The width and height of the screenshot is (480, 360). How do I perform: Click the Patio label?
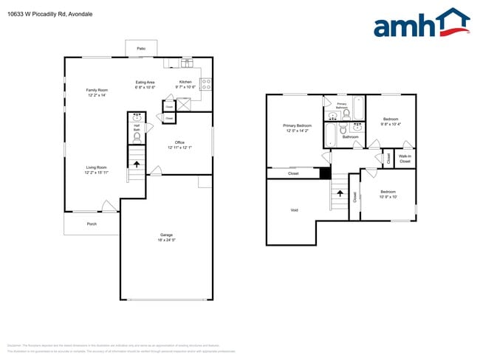[x=141, y=49]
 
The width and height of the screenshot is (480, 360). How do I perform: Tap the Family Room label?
[x=97, y=90]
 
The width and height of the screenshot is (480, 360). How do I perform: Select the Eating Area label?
[x=145, y=82]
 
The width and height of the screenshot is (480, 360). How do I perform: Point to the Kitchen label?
[x=185, y=82]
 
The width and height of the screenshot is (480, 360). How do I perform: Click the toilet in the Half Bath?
[x=137, y=136]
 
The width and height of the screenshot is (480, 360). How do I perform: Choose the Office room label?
[x=179, y=142]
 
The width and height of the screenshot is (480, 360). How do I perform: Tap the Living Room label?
[x=96, y=167]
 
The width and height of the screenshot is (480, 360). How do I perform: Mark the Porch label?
[x=92, y=224]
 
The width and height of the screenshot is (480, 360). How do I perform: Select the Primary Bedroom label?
[x=298, y=125]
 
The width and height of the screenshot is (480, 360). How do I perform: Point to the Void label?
[x=294, y=210]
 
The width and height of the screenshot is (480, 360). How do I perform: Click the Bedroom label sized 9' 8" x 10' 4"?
[x=390, y=120]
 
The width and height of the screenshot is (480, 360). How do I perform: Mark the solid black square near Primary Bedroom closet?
[x=325, y=173]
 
